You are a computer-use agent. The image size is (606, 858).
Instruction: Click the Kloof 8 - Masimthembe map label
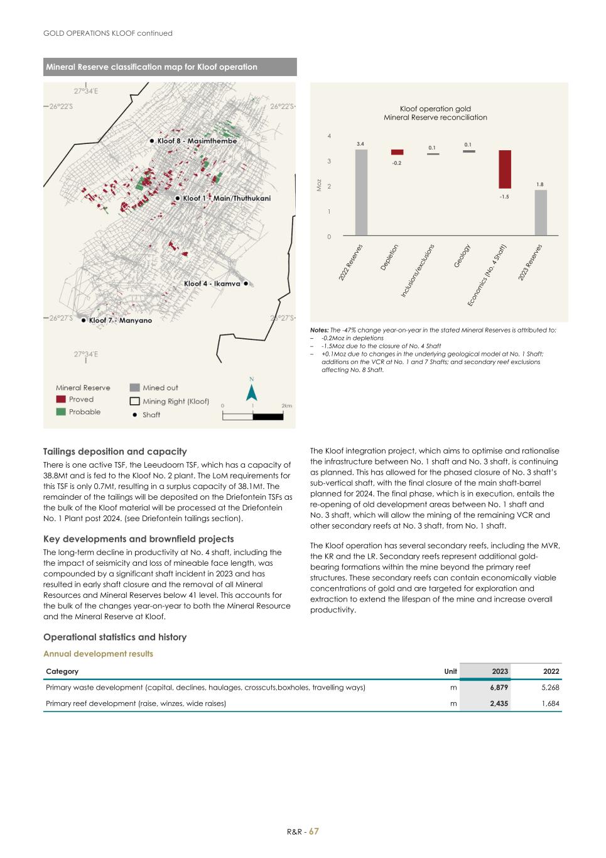pyautogui.click(x=197, y=141)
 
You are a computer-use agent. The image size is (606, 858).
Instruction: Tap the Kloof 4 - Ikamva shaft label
pyautogui.click(x=212, y=283)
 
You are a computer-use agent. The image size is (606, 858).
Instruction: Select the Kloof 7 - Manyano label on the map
pyautogui.click(x=120, y=321)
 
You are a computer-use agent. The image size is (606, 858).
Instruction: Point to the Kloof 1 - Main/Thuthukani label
pyautogui.click(x=226, y=198)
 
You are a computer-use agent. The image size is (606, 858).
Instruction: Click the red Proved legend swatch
pyautogui.click(x=61, y=399)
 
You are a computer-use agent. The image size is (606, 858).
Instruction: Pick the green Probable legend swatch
pyautogui.click(x=61, y=412)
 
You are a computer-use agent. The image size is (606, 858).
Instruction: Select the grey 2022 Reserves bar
pyautogui.click(x=361, y=192)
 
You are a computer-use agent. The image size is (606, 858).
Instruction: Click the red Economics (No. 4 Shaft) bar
pyautogui.click(x=505, y=169)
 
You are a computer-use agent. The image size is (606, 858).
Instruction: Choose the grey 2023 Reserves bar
pyautogui.click(x=541, y=212)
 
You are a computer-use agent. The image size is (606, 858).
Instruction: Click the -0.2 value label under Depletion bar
pyautogui.click(x=397, y=163)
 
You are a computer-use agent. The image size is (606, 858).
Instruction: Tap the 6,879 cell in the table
pyautogui.click(x=499, y=688)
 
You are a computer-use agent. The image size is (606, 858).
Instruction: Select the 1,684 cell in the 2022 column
pyautogui.click(x=549, y=703)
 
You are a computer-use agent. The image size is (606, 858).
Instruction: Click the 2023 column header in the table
pyautogui.click(x=499, y=671)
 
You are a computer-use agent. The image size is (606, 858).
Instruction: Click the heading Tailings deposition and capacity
pyautogui.click(x=115, y=451)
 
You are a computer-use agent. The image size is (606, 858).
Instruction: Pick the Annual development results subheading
pyautogui.click(x=98, y=654)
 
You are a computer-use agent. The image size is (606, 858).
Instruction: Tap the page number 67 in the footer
pyautogui.click(x=314, y=831)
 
